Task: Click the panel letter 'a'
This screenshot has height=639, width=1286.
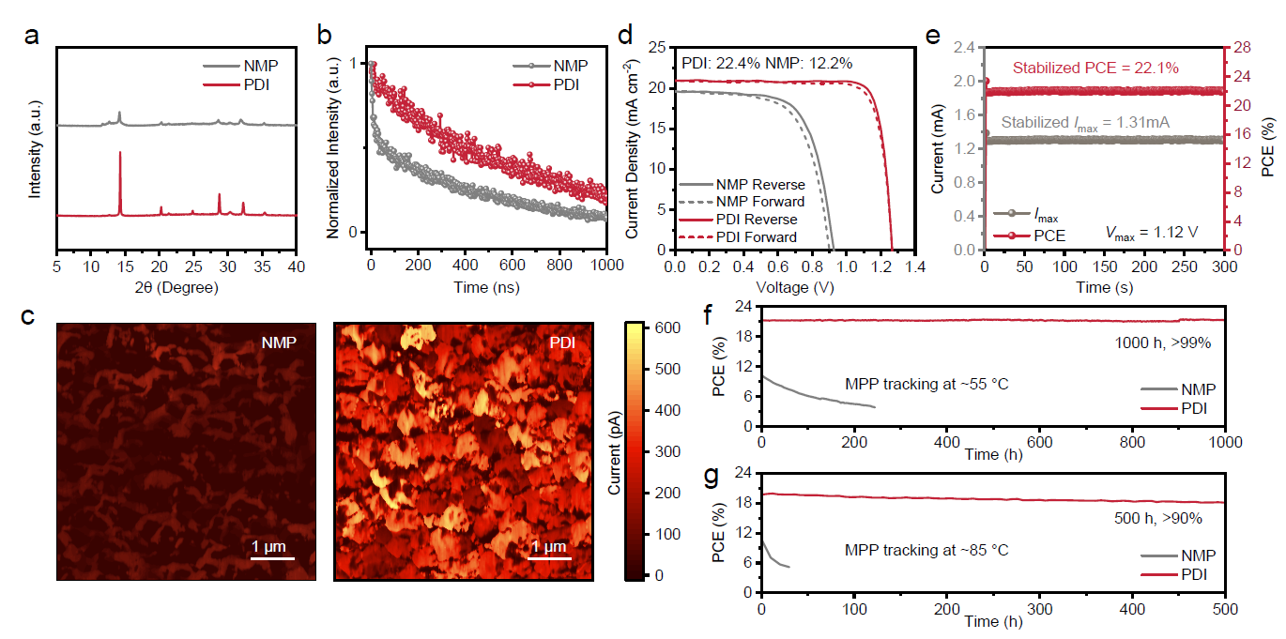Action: tap(33, 37)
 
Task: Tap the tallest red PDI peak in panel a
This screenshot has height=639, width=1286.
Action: tap(120, 153)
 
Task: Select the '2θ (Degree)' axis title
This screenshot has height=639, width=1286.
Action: tap(176, 288)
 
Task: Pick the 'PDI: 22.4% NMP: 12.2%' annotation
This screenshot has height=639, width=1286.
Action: tap(766, 63)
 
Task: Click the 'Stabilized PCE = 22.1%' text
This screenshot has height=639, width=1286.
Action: tap(1095, 68)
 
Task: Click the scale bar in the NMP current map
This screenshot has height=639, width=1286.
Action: tap(271, 559)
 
